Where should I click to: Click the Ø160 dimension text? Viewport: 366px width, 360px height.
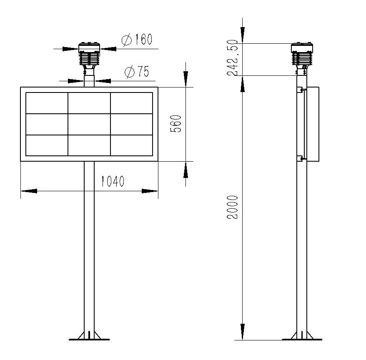(x=137, y=40)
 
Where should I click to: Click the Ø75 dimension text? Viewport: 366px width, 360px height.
(x=137, y=72)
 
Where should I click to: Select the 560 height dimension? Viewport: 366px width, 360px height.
(x=177, y=124)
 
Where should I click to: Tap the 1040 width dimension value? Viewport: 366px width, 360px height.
(x=113, y=182)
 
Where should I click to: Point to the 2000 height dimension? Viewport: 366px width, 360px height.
(x=233, y=207)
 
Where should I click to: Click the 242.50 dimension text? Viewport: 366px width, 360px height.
(x=233, y=57)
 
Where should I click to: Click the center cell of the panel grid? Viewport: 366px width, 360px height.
(x=89, y=124)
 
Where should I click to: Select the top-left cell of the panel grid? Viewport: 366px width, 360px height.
(x=47, y=103)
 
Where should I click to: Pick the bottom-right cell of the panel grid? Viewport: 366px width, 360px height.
(x=131, y=145)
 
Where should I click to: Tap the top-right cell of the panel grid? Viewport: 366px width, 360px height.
(x=131, y=103)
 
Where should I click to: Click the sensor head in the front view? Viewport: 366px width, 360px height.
(x=89, y=54)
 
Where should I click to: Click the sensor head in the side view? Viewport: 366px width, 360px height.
(x=302, y=54)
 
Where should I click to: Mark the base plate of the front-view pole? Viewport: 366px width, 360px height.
(x=89, y=338)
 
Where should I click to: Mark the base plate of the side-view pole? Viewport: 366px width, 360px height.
(x=302, y=338)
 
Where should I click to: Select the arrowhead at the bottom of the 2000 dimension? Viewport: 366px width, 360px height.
(x=243, y=332)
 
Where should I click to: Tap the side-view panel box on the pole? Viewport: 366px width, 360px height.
(x=313, y=124)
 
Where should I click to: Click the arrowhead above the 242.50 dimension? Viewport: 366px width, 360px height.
(x=243, y=34)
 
